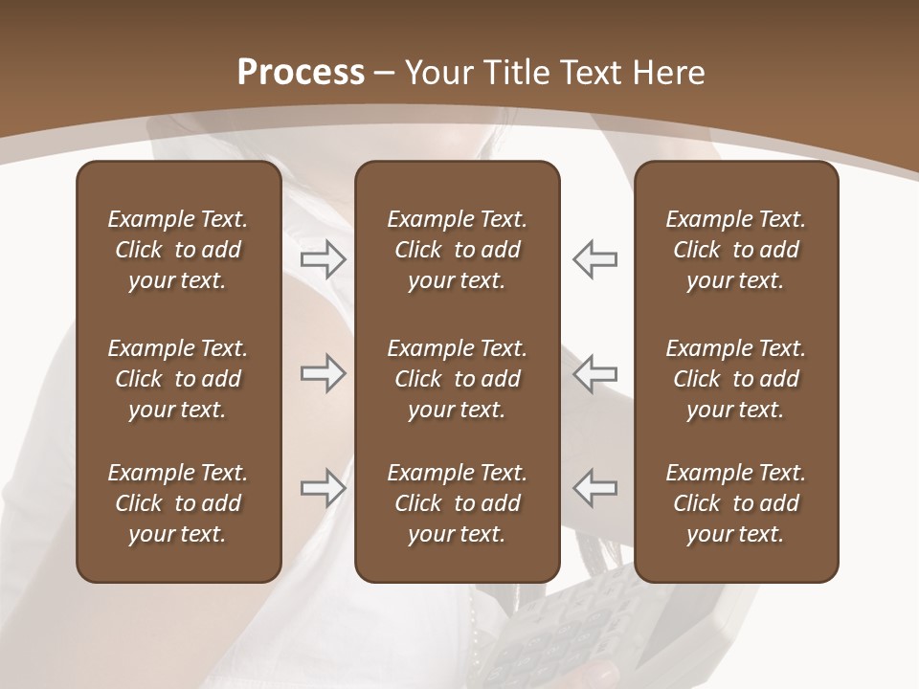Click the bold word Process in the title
click(x=301, y=73)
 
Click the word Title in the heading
click(x=516, y=73)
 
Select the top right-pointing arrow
click(x=323, y=259)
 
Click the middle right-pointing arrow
click(x=323, y=373)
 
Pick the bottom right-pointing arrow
click(x=323, y=488)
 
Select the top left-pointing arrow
click(x=594, y=259)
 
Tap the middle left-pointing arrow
click(x=594, y=373)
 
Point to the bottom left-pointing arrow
click(x=594, y=488)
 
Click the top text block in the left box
click(x=178, y=250)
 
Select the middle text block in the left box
click(x=178, y=379)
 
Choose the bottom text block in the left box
click(x=178, y=503)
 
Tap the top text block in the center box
click(x=458, y=250)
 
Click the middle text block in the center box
click(x=458, y=379)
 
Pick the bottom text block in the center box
click(x=458, y=503)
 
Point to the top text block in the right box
click(x=736, y=250)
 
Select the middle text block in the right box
click(x=736, y=379)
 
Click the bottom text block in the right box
click(x=736, y=503)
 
